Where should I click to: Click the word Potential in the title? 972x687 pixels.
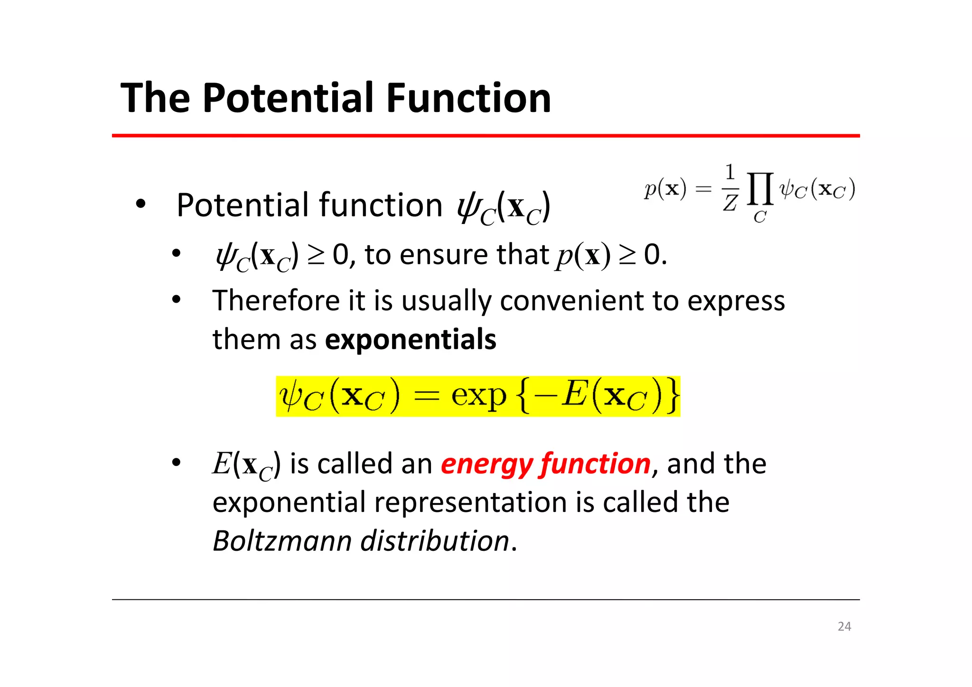pyautogui.click(x=290, y=98)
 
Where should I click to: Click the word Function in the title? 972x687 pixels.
pyautogui.click(x=468, y=98)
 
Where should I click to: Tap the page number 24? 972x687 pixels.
pyautogui.click(x=844, y=626)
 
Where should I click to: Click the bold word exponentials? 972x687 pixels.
pyautogui.click(x=410, y=340)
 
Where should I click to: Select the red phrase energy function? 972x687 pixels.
pyautogui.click(x=545, y=464)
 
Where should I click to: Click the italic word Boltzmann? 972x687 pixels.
pyautogui.click(x=282, y=541)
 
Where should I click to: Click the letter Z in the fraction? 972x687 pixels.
pyautogui.click(x=730, y=203)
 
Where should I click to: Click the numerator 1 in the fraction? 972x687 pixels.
pyautogui.click(x=730, y=172)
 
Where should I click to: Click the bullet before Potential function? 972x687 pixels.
pyautogui.click(x=140, y=205)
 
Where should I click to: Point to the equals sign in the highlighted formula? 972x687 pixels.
pyautogui.click(x=425, y=397)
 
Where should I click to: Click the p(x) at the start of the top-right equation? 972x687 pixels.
pyautogui.click(x=665, y=189)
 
